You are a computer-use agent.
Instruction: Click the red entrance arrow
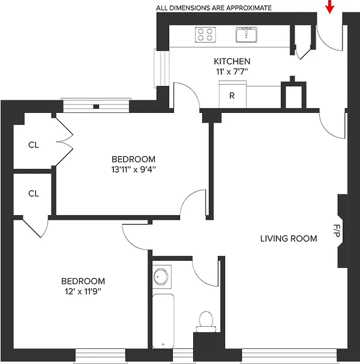pyautogui.click(x=330, y=7)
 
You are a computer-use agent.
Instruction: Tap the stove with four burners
pyautogui.click(x=205, y=35)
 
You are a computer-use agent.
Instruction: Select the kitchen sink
pyautogui.click(x=246, y=34)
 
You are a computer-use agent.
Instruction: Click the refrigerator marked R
pyautogui.click(x=232, y=96)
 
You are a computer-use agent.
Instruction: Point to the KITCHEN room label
pyautogui.click(x=232, y=61)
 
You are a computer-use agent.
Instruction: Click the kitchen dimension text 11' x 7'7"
pyautogui.click(x=232, y=71)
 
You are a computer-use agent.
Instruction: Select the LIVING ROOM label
pyautogui.click(x=288, y=238)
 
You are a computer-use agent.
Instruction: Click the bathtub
pyautogui.click(x=163, y=321)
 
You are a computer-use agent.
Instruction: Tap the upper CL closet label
pyautogui.click(x=34, y=146)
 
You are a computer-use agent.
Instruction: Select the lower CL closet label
pyautogui.click(x=34, y=193)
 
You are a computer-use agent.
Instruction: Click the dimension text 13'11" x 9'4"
pyautogui.click(x=133, y=170)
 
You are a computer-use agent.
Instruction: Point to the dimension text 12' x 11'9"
pyautogui.click(x=83, y=291)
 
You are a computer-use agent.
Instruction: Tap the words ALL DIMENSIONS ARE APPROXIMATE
pyautogui.click(x=214, y=8)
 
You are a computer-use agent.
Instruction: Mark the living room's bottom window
pyautogui.click(x=289, y=355)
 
